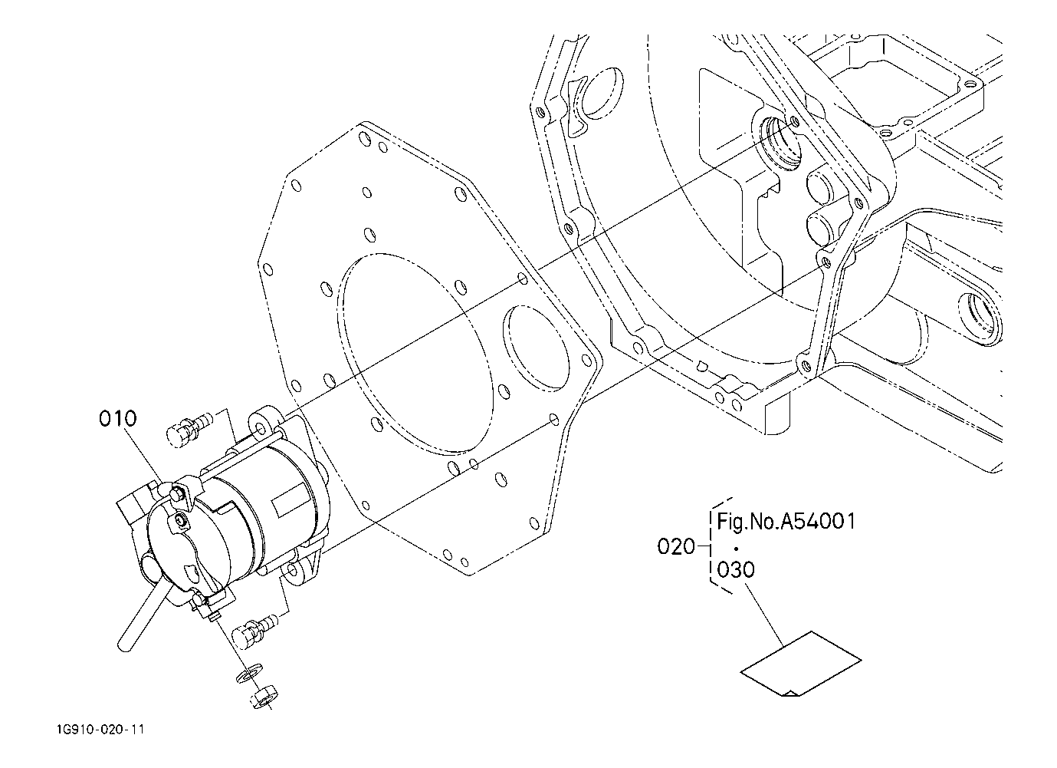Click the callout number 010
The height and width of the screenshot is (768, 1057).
coord(118,418)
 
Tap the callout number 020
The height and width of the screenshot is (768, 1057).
coord(676,547)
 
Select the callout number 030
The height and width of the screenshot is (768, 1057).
coord(736,569)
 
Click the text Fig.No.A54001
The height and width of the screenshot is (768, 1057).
coord(786,522)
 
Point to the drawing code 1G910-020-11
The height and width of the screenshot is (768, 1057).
coord(100,730)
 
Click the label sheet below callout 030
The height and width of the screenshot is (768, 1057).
coord(801,664)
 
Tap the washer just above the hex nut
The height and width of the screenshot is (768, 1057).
coord(250,672)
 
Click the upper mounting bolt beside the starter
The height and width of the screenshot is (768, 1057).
coord(187,428)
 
